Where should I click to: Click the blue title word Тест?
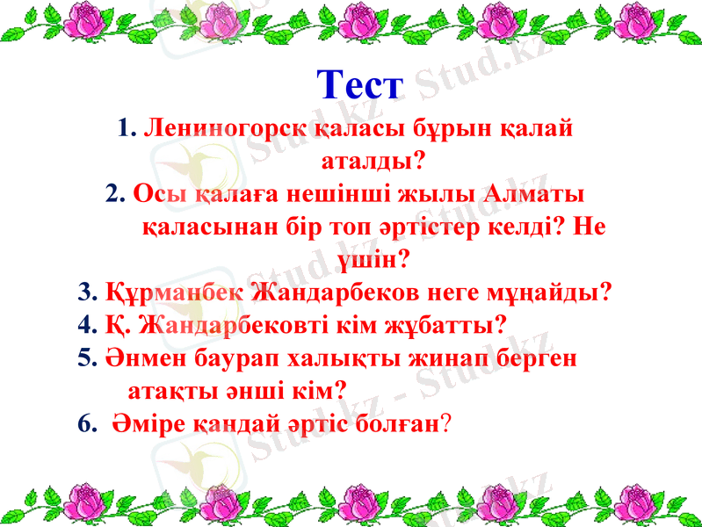(x=359, y=86)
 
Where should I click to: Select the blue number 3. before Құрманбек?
(x=88, y=291)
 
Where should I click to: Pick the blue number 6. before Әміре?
(x=88, y=422)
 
